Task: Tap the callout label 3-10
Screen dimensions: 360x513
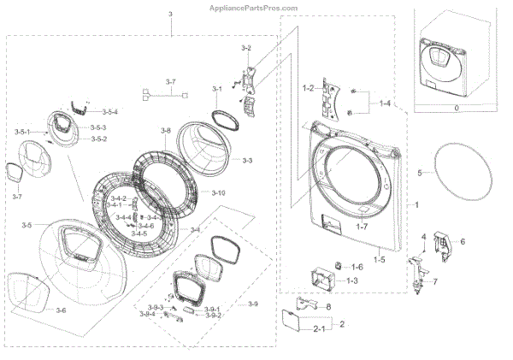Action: point(218,193)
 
